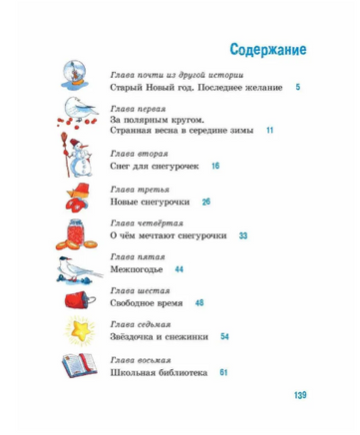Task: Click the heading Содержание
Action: tap(266, 48)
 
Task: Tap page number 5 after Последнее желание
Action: tap(297, 90)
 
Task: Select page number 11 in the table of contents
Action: tap(268, 131)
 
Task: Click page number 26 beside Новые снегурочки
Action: tap(205, 202)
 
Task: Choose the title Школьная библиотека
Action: tap(159, 373)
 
